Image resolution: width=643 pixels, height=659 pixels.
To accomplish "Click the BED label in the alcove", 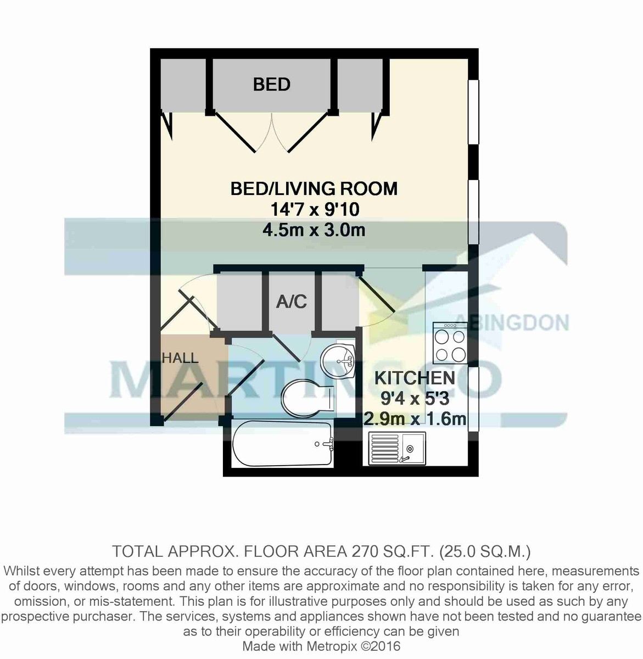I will point(271,85).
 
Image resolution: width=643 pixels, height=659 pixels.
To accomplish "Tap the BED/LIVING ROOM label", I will point(314,189).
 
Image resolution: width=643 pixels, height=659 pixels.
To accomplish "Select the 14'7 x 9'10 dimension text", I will point(314,209).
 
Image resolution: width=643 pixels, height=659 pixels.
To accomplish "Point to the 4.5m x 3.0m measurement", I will point(314,229).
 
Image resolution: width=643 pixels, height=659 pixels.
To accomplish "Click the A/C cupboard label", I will point(291,301).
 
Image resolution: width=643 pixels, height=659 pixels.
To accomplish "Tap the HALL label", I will point(180,359).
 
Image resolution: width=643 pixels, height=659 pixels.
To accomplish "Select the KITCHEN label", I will point(415,378).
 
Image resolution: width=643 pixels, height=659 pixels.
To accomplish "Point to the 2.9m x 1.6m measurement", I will point(415,419).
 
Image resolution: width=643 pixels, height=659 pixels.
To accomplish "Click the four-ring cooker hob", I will point(450,343).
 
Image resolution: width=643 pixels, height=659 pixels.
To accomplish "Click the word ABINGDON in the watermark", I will point(512,322).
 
